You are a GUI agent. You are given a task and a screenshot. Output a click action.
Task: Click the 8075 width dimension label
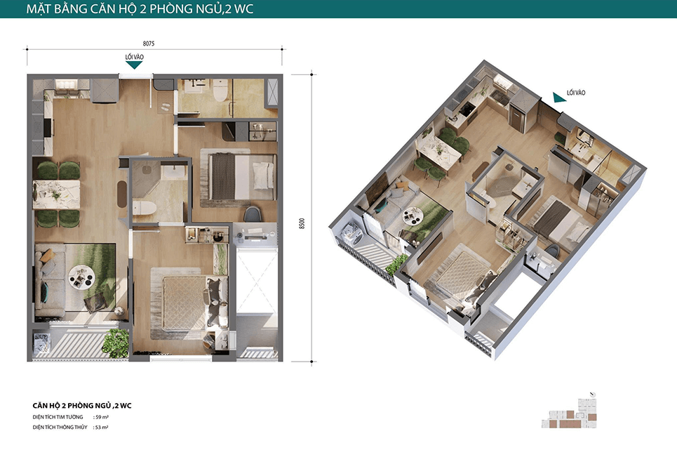click(x=149, y=44)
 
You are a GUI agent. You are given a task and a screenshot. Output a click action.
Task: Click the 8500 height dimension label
click(x=302, y=223)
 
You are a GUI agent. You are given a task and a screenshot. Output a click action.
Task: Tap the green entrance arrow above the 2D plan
click(x=134, y=65)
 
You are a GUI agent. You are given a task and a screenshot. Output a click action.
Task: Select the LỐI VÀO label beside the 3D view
click(x=576, y=93)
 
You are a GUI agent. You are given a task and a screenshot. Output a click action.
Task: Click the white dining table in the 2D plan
click(x=57, y=194)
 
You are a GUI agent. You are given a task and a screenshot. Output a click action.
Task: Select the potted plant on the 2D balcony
click(x=116, y=343)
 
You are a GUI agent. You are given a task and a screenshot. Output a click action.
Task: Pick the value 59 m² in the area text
click(x=102, y=417)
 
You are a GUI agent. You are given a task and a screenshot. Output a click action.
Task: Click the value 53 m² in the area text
click(x=102, y=427)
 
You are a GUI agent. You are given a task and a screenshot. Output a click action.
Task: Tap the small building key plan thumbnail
click(x=570, y=411)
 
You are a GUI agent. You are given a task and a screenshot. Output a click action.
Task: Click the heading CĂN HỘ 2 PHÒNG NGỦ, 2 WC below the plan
click(x=82, y=406)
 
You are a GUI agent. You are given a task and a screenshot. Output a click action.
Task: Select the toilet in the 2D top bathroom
click(x=220, y=91)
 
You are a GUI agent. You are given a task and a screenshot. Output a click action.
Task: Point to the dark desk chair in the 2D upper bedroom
click(x=253, y=214)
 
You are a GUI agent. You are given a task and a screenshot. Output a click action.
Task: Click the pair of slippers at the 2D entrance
click(x=165, y=107)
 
